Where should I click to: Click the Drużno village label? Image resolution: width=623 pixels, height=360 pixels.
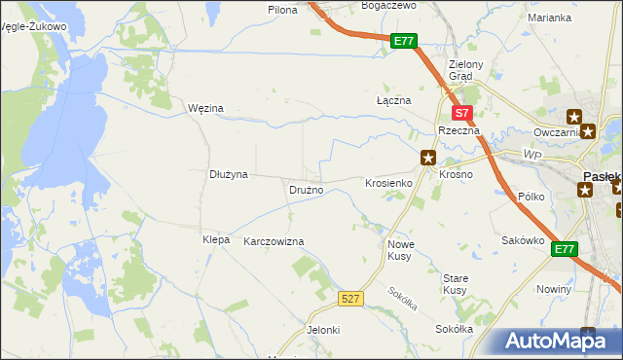306,190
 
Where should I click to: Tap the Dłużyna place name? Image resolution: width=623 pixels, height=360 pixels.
229,174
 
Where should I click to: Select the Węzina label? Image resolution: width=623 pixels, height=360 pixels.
205,109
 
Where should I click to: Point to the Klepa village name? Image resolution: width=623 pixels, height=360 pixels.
215,239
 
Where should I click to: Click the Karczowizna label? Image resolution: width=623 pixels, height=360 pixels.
274,240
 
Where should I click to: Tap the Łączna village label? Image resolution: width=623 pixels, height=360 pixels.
394,100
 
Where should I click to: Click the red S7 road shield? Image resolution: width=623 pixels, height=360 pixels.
463,113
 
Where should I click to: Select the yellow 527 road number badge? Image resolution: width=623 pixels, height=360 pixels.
352,298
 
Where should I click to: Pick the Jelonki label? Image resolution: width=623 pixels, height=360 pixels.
323,330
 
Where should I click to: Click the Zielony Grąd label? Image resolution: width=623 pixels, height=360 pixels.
459,71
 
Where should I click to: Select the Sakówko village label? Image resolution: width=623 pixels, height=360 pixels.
521,239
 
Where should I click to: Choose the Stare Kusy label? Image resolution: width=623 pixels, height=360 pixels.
455,284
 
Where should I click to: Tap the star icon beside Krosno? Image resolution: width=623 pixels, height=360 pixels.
427,157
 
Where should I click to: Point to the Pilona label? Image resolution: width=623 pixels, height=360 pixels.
282,9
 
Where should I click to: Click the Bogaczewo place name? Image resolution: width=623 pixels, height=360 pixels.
387,5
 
